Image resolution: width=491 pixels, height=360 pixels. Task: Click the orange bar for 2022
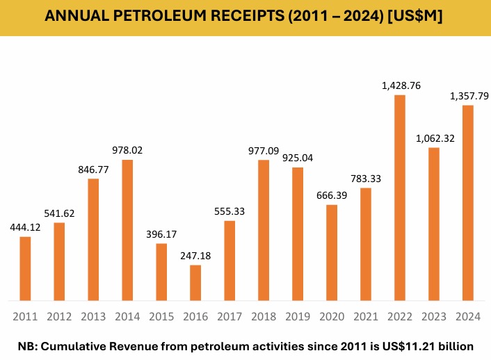click(400, 197)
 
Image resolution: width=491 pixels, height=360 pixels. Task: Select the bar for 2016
click(195, 283)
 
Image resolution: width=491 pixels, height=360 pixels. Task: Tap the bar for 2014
click(127, 230)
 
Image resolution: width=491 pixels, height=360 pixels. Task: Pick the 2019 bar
click(298, 234)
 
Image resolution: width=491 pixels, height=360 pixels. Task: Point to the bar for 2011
click(25, 268)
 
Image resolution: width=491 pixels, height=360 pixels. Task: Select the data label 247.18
click(195, 256)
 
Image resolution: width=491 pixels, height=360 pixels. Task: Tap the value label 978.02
click(127, 150)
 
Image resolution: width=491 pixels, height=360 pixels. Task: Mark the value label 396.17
click(161, 234)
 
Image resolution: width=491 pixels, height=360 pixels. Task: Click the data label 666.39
click(332, 195)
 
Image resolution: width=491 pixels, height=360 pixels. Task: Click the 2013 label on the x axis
click(93, 317)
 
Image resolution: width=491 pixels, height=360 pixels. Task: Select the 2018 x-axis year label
click(264, 317)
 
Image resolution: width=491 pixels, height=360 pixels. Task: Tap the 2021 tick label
click(366, 317)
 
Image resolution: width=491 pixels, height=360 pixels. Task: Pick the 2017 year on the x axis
click(230, 317)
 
